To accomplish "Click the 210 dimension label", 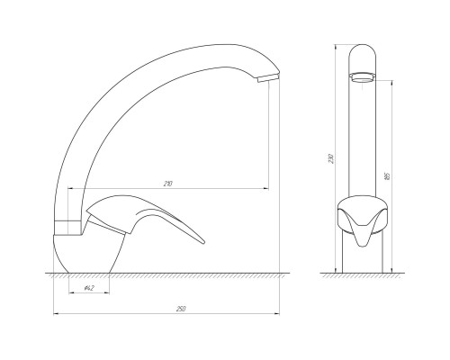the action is click(168, 184).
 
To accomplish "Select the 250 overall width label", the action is click(181, 309).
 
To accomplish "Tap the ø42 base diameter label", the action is click(89, 288).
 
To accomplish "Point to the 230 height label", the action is click(330, 158).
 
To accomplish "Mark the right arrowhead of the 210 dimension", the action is click(266, 188).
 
